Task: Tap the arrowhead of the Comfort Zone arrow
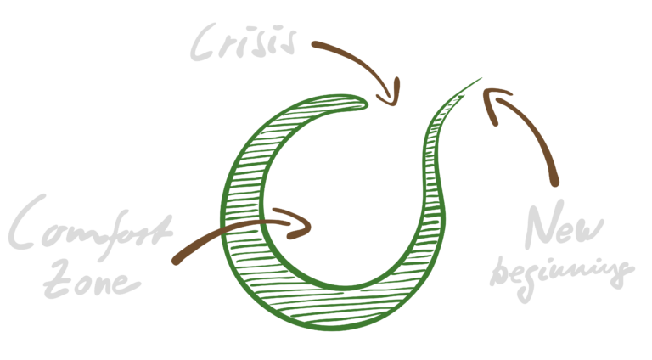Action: pos(306,224)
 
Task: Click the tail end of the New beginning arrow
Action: pos(555,183)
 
